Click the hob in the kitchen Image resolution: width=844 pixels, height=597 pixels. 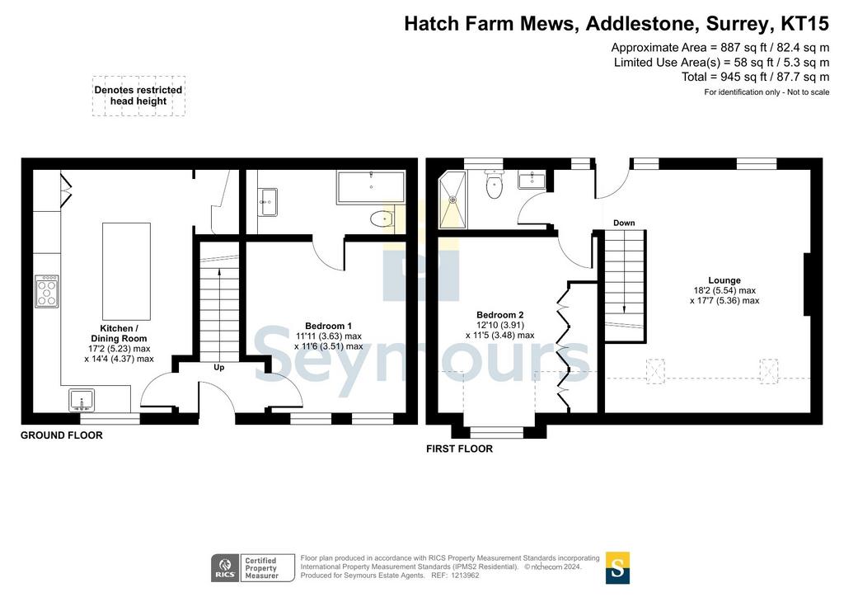47,291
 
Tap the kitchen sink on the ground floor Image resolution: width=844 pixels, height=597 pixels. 82,400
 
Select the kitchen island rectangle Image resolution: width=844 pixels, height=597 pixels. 126,271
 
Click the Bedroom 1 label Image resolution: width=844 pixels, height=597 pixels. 328,326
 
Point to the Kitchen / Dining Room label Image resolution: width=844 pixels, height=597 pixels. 119,333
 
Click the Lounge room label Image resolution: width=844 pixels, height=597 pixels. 724,280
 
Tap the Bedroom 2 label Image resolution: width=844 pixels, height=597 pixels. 500,315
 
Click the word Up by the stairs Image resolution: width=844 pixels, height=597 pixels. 219,367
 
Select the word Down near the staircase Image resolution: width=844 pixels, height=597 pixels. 624,223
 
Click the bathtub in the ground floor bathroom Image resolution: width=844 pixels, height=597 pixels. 371,187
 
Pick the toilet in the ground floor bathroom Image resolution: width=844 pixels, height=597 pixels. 383,219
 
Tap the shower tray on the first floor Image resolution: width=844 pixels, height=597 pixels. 452,200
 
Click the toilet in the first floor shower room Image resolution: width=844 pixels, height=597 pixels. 495,184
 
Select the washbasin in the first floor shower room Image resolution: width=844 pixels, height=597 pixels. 532,180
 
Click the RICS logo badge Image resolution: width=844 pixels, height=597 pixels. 225,568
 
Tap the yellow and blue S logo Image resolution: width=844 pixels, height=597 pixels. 617,567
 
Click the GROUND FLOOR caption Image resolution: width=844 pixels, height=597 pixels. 61,435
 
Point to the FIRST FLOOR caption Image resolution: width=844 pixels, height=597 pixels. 460,449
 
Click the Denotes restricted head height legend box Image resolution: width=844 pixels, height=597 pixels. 138,96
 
